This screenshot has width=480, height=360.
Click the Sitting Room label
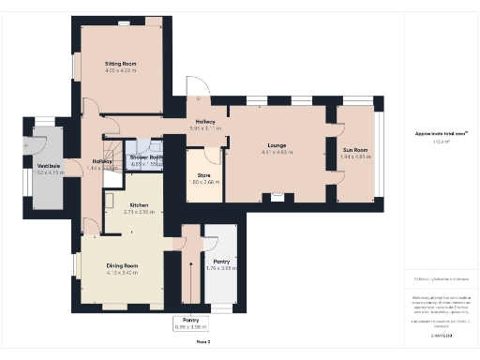pyautogui.click(x=121, y=63)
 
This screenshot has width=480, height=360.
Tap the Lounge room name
pyautogui.click(x=276, y=145)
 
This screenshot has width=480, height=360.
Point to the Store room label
pyautogui.click(x=203, y=175)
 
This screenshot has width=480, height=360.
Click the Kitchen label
pyautogui.click(x=139, y=204)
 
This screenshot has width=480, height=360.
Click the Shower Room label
pyautogui.click(x=147, y=157)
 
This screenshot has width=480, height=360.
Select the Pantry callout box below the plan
pyautogui.click(x=190, y=323)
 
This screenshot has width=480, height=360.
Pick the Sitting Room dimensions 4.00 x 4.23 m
pyautogui.click(x=121, y=70)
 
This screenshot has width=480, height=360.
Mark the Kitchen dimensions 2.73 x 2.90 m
pyautogui.click(x=139, y=212)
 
